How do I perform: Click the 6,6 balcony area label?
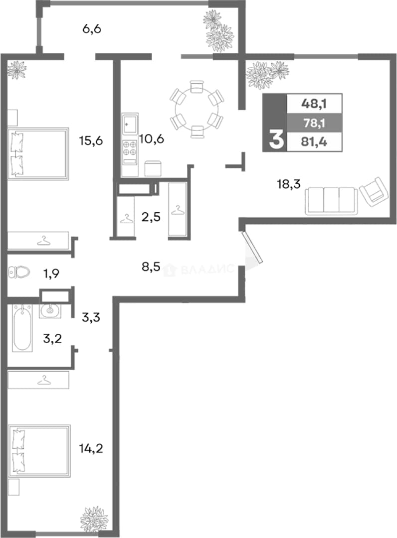point(92,29)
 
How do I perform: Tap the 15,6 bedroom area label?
point(91,140)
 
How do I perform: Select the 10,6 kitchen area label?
point(152,139)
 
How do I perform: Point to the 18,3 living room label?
point(289,184)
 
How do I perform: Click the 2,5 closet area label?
point(151,217)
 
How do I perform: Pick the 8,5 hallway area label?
point(151,266)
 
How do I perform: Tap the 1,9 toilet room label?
point(51,273)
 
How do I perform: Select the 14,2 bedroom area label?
point(91,448)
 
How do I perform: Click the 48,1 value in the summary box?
point(314,103)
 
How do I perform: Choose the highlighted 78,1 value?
point(314,123)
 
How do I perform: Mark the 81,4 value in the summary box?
point(314,141)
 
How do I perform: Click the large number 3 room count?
point(276,140)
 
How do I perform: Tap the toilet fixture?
point(19,272)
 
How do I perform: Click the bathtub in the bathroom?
point(22,328)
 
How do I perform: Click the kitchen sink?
point(130,123)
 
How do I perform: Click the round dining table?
point(197,109)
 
